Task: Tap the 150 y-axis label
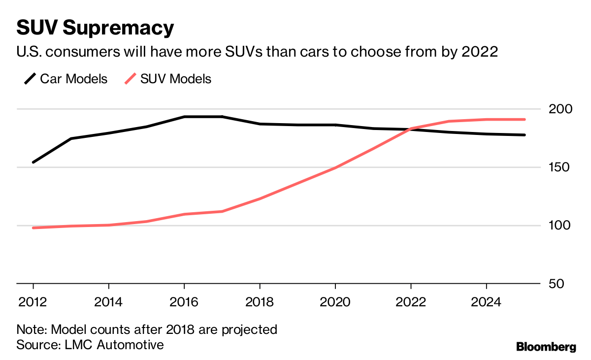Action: [x=559, y=167]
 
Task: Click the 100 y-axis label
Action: [x=559, y=226]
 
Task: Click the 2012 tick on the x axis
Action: [x=33, y=301]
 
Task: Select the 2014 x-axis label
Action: [x=109, y=301]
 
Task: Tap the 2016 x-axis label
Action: [x=184, y=301]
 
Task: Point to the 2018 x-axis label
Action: [x=260, y=301]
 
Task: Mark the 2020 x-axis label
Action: [x=335, y=301]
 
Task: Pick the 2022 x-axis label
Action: [x=411, y=301]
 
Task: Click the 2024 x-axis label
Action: [x=486, y=301]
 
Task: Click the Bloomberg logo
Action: [x=546, y=347]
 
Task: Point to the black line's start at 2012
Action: [x=33, y=162]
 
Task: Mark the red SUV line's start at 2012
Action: [x=33, y=228]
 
